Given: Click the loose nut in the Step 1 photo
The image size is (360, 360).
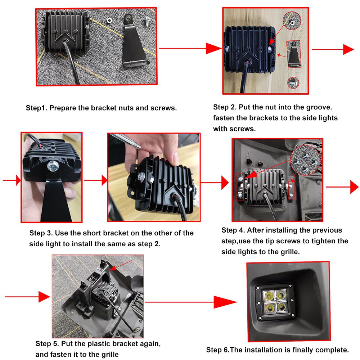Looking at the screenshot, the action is [x=109, y=21].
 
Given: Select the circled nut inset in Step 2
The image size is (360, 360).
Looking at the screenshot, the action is [x=292, y=21].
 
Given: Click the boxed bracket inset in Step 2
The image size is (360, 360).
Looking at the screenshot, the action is [x=294, y=54].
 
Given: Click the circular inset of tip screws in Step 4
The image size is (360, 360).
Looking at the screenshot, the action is [x=305, y=160].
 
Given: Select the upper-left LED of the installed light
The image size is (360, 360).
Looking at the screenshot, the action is [x=268, y=295].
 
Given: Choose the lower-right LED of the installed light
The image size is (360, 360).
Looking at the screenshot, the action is [x=281, y=307].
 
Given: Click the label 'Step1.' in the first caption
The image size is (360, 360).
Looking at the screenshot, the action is [x=36, y=108].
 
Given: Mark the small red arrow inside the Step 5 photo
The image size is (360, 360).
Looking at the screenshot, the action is [x=121, y=265].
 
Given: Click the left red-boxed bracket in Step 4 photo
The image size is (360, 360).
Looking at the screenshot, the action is [x=240, y=186].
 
